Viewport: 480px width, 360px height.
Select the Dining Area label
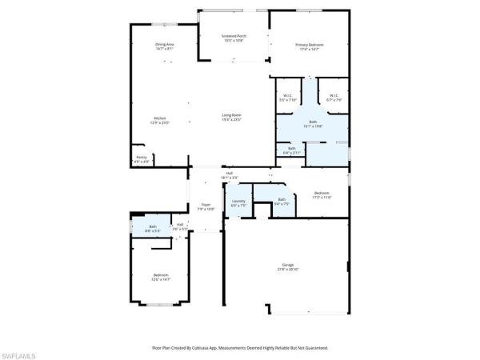tap(165, 45)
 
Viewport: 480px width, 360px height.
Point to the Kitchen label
tap(160, 118)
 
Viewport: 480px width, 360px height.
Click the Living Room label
tap(231, 115)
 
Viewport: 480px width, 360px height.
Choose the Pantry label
tap(141, 158)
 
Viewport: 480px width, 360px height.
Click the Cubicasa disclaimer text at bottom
tap(239, 348)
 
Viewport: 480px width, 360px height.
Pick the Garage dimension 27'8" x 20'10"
tap(288, 270)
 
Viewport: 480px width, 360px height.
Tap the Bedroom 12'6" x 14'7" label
tap(160, 278)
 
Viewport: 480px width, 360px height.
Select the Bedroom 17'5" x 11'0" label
tap(322, 194)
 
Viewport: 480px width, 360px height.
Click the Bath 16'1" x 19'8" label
tap(313, 123)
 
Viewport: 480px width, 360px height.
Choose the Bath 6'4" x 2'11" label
tap(292, 150)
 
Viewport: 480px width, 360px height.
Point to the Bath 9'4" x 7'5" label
tap(282, 201)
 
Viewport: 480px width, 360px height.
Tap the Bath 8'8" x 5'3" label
tap(153, 228)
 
